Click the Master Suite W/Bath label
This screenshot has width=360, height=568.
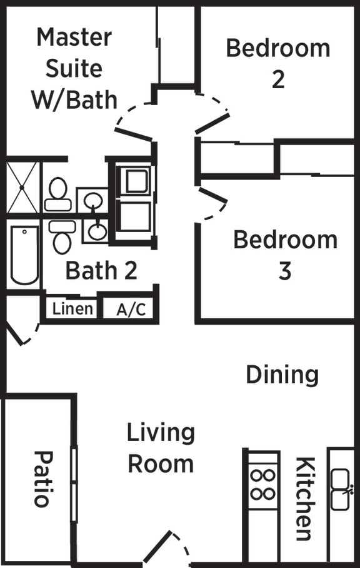pos(74,68)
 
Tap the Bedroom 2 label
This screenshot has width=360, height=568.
pos(278,63)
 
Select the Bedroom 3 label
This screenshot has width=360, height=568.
pos(285,255)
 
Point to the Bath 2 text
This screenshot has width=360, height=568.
pos(101,271)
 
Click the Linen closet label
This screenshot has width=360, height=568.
pos(72,308)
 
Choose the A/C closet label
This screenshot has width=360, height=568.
pos(131,309)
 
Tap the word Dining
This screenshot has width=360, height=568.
pos(282,374)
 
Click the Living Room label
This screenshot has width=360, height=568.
pos(161,448)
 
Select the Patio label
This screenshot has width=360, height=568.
pos(42,479)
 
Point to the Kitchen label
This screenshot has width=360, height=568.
pos(304,499)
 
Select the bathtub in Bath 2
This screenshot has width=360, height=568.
pos(24,255)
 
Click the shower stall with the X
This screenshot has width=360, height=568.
pos(23,186)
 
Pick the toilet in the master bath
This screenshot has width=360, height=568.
pos(57,194)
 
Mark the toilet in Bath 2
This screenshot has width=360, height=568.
pos(61,236)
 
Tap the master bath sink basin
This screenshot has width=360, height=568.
pos(93,200)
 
